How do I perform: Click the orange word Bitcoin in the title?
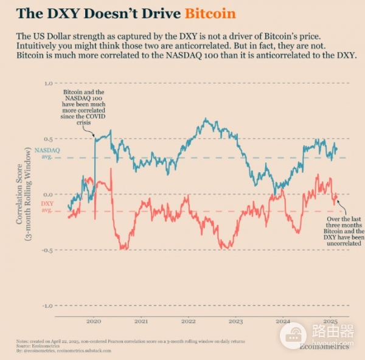[210, 13]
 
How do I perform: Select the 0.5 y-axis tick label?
[49, 139]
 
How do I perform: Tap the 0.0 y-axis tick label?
[49, 194]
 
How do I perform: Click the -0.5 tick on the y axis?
[47, 250]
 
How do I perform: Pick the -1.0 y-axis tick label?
[47, 305]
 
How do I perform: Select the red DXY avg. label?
[47, 207]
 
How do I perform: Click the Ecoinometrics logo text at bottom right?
[324, 347]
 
